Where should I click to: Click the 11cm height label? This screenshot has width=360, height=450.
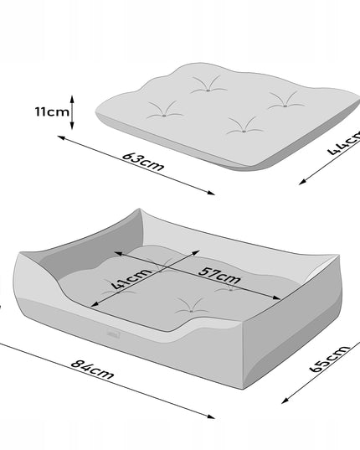[52, 111]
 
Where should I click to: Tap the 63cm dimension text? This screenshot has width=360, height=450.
[143, 162]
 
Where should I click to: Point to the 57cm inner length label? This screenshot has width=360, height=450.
[220, 276]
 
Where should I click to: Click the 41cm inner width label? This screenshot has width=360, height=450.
[131, 279]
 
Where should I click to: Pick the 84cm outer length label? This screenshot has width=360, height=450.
[92, 369]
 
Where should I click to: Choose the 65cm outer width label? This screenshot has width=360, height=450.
[330, 359]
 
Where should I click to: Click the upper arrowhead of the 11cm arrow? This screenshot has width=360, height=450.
[72, 99]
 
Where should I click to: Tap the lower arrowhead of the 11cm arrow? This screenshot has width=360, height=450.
[72, 126]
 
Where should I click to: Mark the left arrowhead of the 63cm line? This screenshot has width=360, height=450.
[61, 137]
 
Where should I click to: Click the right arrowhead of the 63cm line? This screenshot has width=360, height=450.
[211, 193]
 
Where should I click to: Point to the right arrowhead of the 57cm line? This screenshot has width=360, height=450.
[276, 297]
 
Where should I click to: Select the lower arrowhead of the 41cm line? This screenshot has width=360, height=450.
[95, 304]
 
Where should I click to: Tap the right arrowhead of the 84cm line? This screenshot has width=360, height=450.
[211, 416]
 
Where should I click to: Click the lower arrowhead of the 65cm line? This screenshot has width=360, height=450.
[285, 401]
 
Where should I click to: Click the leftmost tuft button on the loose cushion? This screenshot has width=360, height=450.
[164, 116]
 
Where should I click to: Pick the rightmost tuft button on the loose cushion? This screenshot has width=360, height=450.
[285, 106]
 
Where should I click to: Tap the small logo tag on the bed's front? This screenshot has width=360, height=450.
[114, 334]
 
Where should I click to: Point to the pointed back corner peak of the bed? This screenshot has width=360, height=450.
[140, 209]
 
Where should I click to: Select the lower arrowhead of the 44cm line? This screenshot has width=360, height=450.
[302, 182]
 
